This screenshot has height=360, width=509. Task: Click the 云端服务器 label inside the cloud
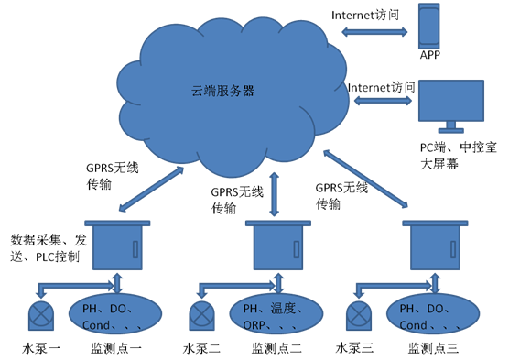(222, 91)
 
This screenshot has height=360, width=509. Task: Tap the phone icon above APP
(428, 27)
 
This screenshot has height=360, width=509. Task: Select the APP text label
(430, 55)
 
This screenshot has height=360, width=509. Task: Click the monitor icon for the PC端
(451, 106)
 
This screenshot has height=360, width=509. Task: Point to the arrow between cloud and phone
(374, 32)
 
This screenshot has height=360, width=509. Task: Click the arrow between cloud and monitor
(383, 101)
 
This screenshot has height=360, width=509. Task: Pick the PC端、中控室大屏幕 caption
(458, 156)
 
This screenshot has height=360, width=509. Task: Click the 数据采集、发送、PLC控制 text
(49, 248)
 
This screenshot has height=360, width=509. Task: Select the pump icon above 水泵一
(41, 315)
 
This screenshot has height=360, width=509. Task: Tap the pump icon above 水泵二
(201, 315)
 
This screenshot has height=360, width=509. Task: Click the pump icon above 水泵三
(359, 315)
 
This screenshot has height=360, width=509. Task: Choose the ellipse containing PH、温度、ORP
(276, 314)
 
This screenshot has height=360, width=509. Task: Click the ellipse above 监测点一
(115, 314)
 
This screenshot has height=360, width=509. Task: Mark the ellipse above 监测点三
(433, 314)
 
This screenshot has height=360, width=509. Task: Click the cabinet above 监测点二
(278, 245)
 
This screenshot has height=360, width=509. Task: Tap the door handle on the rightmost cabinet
(453, 249)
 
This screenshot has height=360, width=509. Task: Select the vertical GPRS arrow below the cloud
(275, 194)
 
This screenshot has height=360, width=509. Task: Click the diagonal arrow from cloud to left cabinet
(151, 189)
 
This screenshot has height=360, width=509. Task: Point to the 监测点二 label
(276, 349)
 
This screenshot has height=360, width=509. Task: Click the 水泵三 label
(354, 349)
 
